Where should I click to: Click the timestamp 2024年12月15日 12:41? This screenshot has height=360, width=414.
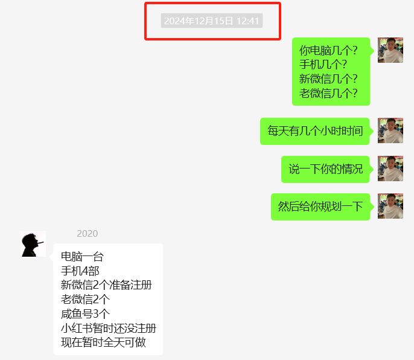[212, 21]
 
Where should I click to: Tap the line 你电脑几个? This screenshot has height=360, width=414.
[328, 50]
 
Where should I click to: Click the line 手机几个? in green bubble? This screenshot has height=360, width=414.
[323, 65]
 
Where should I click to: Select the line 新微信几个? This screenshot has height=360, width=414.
[328, 79]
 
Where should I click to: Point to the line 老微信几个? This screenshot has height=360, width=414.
[328, 94]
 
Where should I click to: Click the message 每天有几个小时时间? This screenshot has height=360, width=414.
[315, 131]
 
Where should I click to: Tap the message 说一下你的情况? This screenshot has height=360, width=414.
[325, 169]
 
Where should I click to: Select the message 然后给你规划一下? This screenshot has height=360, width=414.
[320, 207]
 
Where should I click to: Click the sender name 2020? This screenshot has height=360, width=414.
[87, 234]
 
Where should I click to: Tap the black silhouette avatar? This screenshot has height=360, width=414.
[33, 244]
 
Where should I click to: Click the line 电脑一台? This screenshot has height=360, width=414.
[82, 257]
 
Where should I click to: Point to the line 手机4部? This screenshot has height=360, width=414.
[80, 271]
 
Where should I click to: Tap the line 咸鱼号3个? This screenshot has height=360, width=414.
[85, 314]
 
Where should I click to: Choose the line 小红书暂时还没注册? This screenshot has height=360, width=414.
[109, 329]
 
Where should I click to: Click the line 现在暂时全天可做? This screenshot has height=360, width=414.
[103, 344]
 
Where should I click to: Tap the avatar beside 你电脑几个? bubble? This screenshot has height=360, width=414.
[390, 50]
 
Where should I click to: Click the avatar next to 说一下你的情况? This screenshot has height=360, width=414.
[390, 169]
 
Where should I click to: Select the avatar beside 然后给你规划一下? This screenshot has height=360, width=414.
[390, 206]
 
